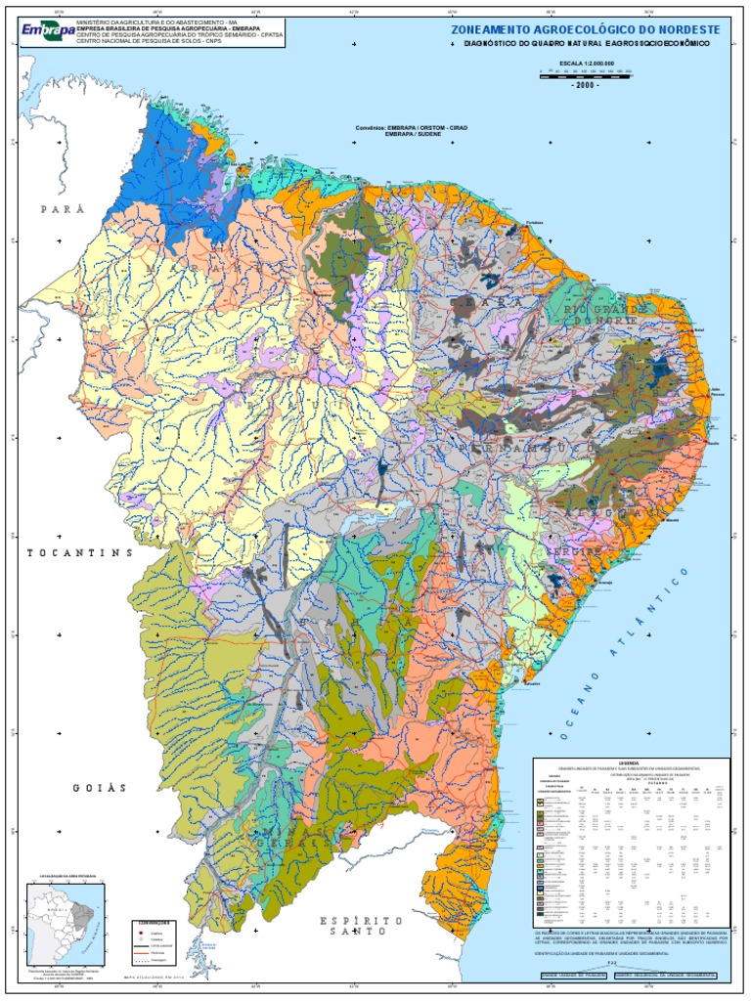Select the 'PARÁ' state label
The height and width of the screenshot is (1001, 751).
pyautogui.click(x=62, y=209)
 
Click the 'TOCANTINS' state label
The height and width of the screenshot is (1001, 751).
pyautogui.click(x=78, y=553)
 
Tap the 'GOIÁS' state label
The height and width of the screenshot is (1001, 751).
pyautogui.click(x=100, y=788)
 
